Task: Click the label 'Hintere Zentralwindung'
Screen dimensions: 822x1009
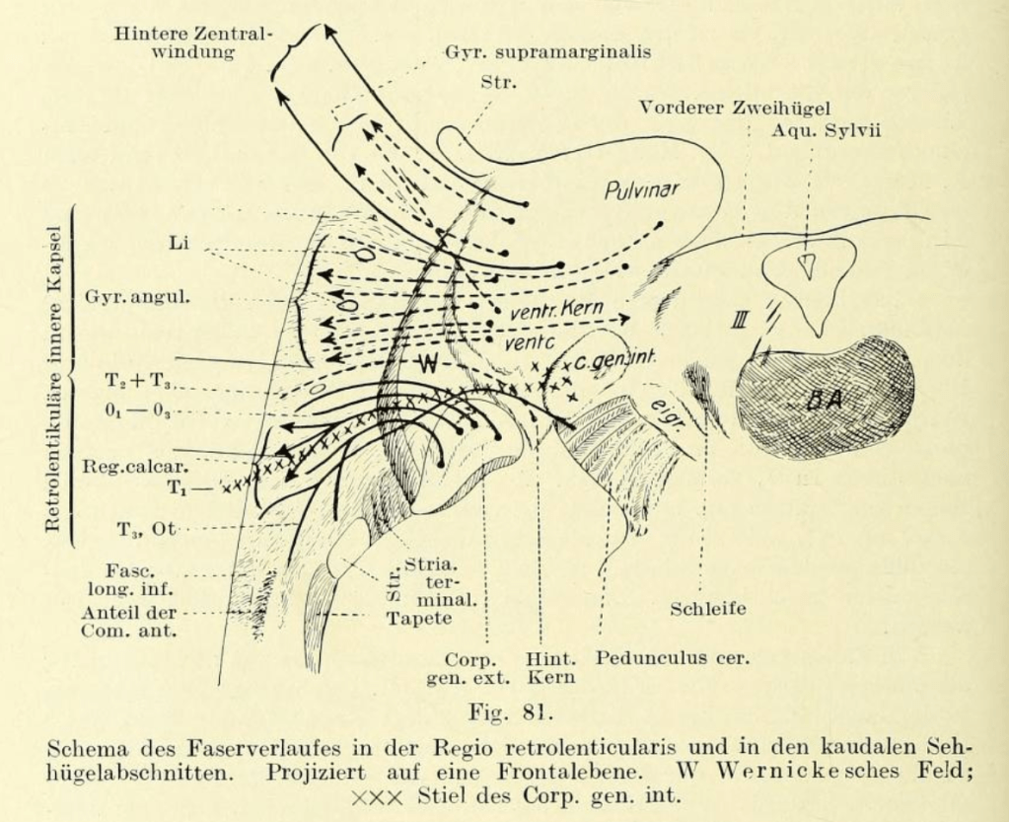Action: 191,41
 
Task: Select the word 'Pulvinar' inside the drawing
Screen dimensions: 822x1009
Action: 642,187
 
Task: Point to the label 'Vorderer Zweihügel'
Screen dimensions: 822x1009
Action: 735,108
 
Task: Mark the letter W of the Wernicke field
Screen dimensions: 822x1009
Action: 426,361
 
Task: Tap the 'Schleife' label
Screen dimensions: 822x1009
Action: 708,609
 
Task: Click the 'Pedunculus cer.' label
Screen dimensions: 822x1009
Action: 672,656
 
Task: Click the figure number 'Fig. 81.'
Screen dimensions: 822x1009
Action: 504,708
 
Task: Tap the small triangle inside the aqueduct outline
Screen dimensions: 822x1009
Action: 807,265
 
